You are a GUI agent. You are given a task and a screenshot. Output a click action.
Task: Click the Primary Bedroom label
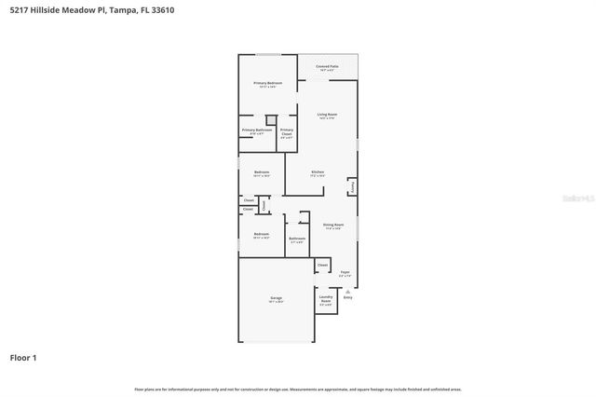coord(268,83)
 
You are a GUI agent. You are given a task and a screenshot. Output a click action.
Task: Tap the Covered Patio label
coord(326,66)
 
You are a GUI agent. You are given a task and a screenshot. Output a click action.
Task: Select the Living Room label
coord(327,114)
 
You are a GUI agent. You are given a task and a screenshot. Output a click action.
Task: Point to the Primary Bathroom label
coord(257,130)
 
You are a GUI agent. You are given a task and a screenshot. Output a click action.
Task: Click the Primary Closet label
coord(287,131)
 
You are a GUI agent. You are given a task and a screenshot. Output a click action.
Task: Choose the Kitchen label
coord(317,171)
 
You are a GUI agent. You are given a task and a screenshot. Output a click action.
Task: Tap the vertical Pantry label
coord(352,186)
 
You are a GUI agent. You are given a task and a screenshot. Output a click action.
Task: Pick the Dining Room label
coord(333,225)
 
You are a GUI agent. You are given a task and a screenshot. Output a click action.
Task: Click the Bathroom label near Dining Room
coord(297,239)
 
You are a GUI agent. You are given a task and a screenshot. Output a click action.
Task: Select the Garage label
coord(277,297)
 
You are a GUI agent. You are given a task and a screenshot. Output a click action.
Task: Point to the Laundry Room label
coord(326,300)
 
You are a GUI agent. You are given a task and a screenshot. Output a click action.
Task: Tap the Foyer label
coord(345,272)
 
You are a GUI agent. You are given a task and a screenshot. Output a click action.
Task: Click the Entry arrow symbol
coord(347,291)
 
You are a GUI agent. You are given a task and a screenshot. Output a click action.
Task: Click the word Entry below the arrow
coord(347,297)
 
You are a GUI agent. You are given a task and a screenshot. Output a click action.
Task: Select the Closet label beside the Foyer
coord(323,265)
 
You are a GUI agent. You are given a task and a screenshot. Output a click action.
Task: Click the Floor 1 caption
coord(23,357)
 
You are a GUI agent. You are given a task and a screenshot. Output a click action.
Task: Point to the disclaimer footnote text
coord(298,389)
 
